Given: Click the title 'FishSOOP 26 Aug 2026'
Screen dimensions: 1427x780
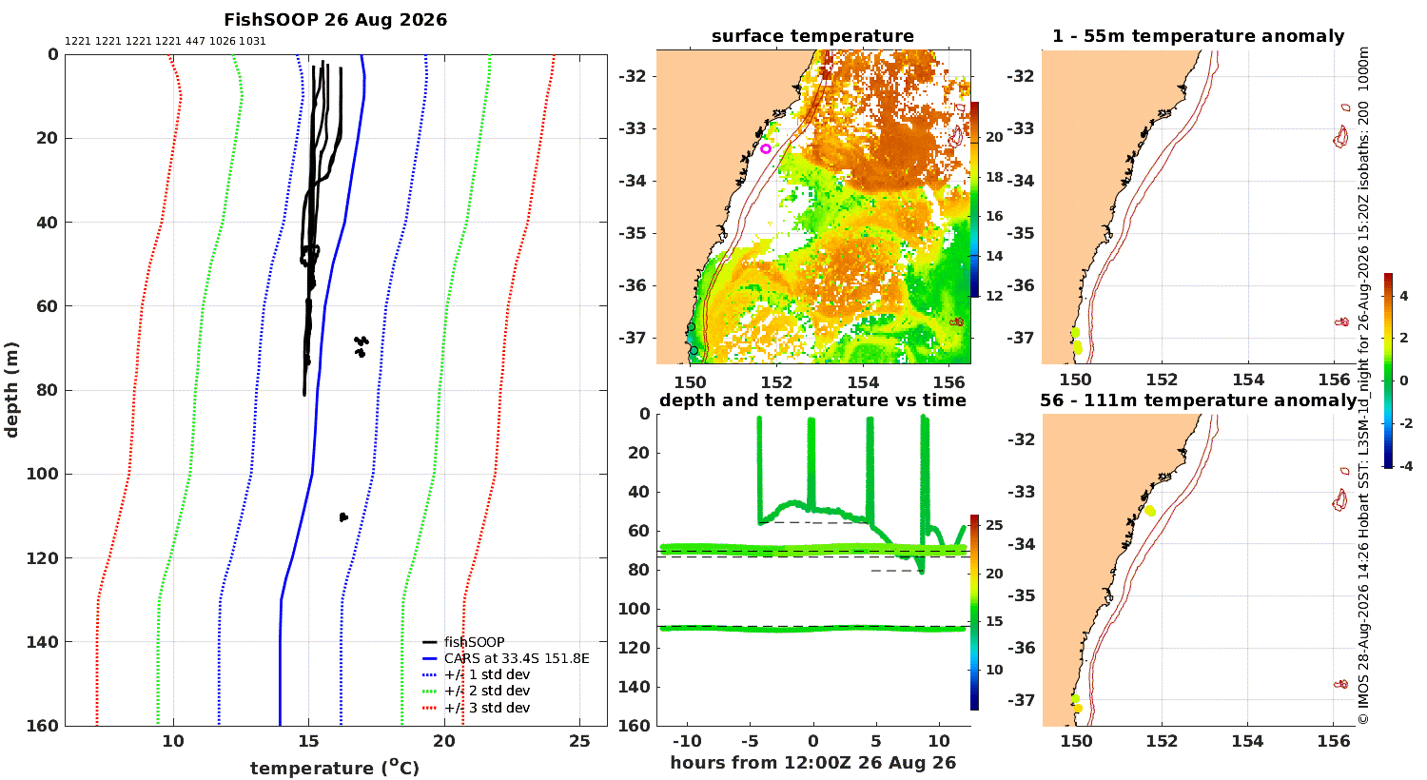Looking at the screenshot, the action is tap(335, 20).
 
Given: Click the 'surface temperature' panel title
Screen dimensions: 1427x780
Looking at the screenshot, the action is tap(812, 36).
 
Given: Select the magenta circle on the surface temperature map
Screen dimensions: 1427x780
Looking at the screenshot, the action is tap(766, 149).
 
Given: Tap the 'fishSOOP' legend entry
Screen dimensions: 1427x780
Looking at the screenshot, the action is tap(474, 642).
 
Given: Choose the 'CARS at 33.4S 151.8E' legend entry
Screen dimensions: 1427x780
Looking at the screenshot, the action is tap(517, 658).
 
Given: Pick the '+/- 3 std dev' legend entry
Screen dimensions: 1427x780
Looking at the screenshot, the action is tap(487, 708).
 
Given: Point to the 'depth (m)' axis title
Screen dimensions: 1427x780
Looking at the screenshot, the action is tap(11, 390).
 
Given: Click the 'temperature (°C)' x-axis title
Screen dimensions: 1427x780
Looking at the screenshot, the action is tap(335, 768).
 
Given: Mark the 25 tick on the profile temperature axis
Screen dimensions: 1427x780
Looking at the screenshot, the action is tap(579, 741).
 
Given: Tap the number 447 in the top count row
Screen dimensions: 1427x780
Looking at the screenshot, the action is tap(195, 42).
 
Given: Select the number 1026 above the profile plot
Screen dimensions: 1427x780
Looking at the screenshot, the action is tap(223, 42).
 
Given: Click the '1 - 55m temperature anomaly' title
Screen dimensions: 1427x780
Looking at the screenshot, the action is tap(1199, 36).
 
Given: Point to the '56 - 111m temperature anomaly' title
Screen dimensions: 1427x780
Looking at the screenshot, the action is tap(1199, 400).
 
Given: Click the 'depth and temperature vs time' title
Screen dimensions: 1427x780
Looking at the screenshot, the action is tap(812, 400).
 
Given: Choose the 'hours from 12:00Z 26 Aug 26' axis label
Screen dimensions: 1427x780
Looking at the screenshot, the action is tap(812, 763).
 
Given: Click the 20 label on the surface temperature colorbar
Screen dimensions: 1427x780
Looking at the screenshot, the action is tap(994, 137).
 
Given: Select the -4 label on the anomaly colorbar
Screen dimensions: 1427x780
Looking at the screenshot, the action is tap(1405, 466).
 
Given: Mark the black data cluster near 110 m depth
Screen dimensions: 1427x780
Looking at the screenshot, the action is tap(343, 517).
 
